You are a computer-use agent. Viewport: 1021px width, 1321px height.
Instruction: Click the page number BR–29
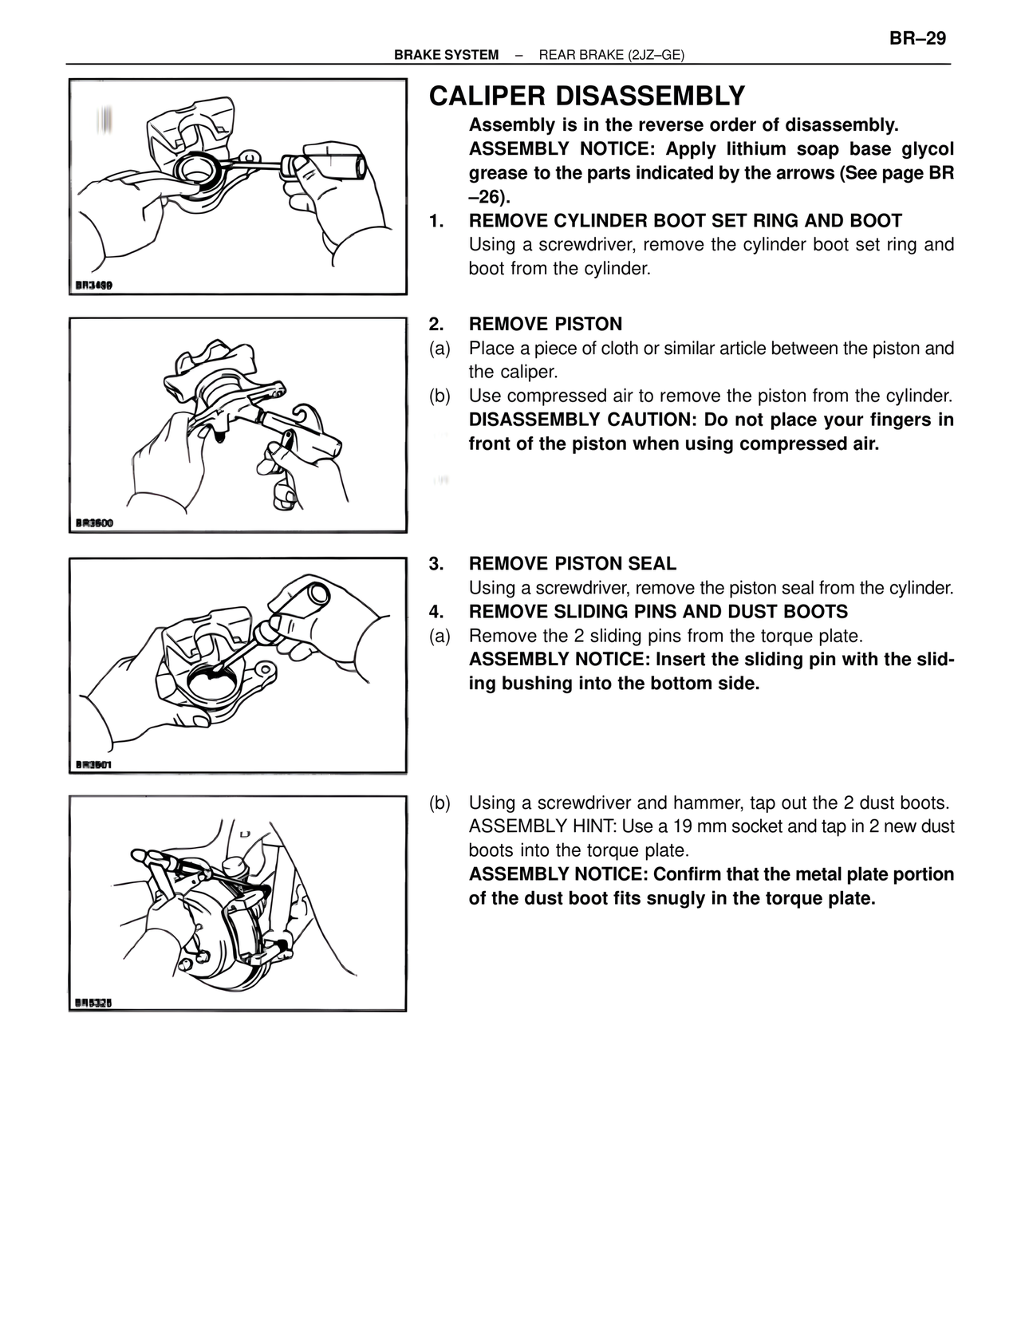click(917, 38)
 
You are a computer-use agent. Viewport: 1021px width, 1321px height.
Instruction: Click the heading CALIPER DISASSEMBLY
click(586, 97)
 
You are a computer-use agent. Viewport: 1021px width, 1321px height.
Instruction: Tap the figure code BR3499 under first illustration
click(93, 285)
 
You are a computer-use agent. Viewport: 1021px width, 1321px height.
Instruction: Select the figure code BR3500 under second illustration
click(94, 522)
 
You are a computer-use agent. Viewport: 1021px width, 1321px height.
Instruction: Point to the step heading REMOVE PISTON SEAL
click(572, 564)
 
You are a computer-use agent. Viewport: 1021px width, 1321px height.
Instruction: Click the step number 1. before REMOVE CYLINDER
click(436, 221)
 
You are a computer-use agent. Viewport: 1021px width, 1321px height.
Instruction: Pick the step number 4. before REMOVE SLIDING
click(436, 612)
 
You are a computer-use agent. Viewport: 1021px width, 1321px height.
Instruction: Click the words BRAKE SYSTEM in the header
click(446, 55)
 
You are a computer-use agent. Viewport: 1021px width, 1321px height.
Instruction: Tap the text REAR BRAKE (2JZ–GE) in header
click(612, 55)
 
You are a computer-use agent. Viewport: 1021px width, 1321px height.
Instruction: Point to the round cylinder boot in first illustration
click(196, 171)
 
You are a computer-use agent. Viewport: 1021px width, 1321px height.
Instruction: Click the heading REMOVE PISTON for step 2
click(545, 324)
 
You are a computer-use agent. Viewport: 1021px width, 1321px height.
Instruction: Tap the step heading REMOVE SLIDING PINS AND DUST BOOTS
click(658, 612)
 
